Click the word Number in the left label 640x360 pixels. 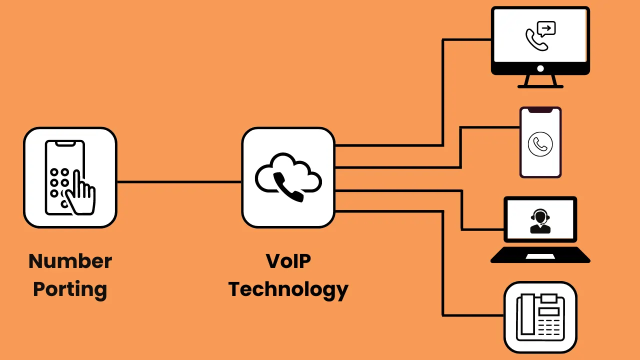point(70,261)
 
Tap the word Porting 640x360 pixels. point(70,289)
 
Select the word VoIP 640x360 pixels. point(288,261)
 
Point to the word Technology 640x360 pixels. point(288,289)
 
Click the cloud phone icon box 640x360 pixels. point(288,177)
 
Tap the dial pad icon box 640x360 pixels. point(70,177)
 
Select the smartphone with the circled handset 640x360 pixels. point(540,142)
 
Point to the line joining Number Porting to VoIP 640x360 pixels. point(179,182)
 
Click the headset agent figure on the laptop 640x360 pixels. point(540,223)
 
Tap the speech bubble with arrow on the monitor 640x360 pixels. point(547,28)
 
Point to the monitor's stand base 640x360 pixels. point(540,86)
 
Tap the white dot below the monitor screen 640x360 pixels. point(540,68)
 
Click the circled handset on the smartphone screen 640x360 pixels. point(540,145)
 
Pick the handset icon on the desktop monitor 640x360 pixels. point(535,40)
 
